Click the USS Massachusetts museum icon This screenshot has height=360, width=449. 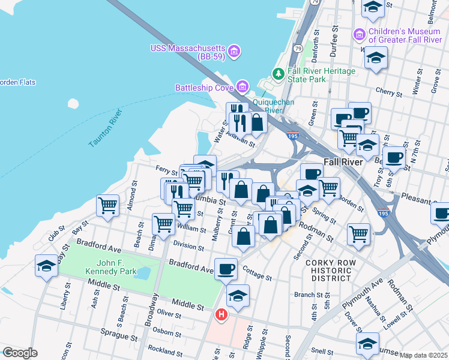pyautogui.click(x=234, y=51)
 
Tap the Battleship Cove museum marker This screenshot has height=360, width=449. pyautogui.click(x=243, y=88)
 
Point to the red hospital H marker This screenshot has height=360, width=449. pyautogui.click(x=221, y=314)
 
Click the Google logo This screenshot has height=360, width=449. pyautogui.click(x=20, y=353)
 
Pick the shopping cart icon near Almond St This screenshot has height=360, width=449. pyautogui.click(x=107, y=205)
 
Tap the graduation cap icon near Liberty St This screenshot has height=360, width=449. pyautogui.click(x=46, y=265)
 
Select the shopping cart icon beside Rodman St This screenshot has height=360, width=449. pyautogui.click(x=358, y=233)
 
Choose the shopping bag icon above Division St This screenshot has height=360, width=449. pyautogui.click(x=243, y=236)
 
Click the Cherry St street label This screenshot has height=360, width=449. pyautogui.click(x=388, y=93)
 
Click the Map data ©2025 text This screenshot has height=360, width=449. pyautogui.click(x=423, y=355)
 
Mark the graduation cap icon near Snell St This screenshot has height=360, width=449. pyautogui.click(x=367, y=343)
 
